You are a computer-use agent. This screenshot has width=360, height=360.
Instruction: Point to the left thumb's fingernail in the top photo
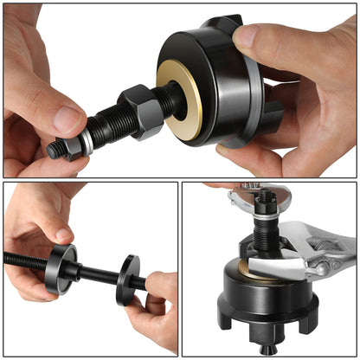click(x=63, y=117)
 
